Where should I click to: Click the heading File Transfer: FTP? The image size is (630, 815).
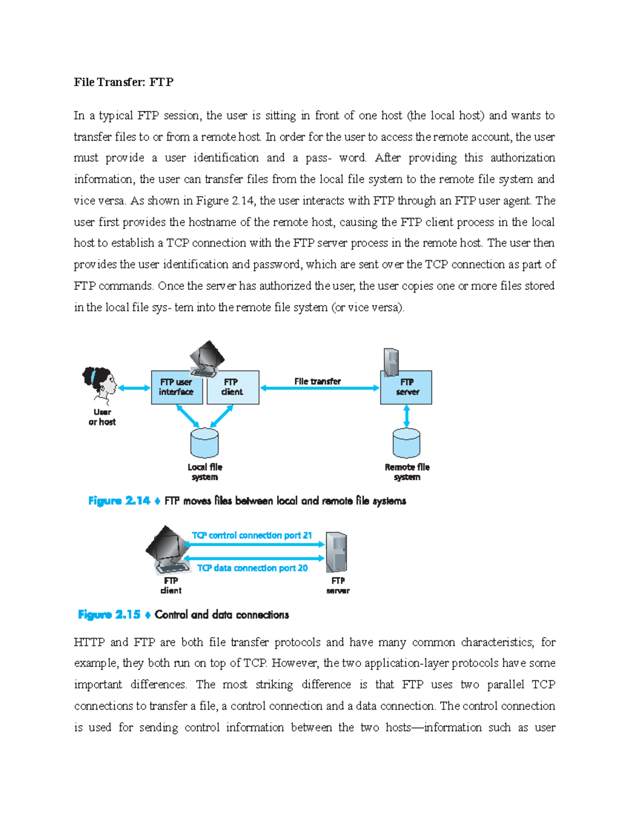(123, 82)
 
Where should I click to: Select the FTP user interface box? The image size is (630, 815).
(176, 388)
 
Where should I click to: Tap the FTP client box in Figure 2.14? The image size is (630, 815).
(233, 388)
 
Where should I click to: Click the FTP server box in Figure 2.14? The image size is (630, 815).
(406, 388)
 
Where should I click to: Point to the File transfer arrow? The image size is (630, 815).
(319, 388)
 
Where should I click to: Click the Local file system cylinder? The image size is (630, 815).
(204, 443)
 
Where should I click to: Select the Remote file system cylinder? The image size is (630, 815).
(406, 443)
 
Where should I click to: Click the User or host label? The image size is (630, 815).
(102, 417)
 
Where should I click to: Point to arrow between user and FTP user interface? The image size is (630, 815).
(134, 388)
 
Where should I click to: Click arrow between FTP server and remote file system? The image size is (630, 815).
(406, 416)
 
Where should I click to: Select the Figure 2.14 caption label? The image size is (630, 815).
(119, 501)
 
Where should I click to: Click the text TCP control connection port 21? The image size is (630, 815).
(252, 535)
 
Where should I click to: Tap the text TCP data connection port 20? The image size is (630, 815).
(252, 568)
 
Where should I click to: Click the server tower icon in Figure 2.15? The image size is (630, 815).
(336, 552)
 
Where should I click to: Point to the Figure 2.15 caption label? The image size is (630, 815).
(109, 615)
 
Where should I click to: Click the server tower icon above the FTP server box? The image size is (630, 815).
(391, 362)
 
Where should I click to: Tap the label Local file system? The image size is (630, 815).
(205, 472)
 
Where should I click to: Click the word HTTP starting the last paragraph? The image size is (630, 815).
(89, 642)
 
